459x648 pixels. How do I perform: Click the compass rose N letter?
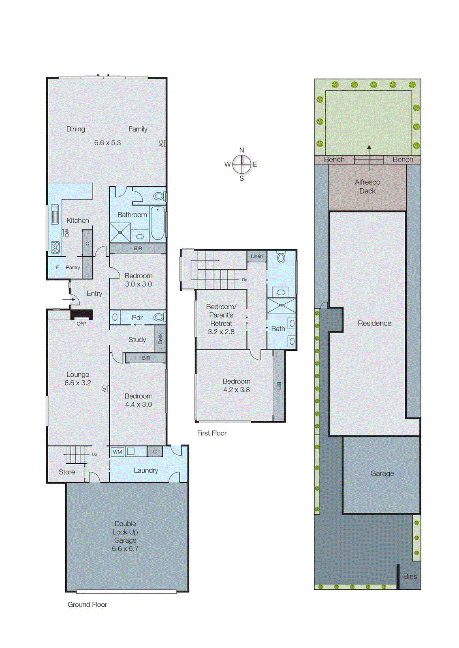pyautogui.click(x=241, y=150)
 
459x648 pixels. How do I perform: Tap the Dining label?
pyautogui.click(x=76, y=129)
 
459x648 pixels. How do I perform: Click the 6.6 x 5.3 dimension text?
pyautogui.click(x=107, y=143)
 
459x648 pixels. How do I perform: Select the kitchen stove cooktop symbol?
pyautogui.click(x=55, y=247)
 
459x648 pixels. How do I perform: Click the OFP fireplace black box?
pyautogui.click(x=82, y=315)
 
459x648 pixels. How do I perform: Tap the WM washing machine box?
pyautogui.click(x=117, y=452)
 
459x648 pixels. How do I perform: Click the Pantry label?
pyautogui.click(x=73, y=267)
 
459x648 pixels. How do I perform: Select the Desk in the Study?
pyautogui.click(x=160, y=339)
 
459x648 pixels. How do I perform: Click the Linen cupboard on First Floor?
pyautogui.click(x=256, y=256)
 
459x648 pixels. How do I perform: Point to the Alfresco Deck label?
pyautogui.click(x=367, y=187)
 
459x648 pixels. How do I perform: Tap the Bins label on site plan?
pyautogui.click(x=410, y=576)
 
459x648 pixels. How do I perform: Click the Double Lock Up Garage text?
pyautogui.click(x=125, y=532)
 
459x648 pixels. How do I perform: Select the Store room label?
pyautogui.click(x=66, y=472)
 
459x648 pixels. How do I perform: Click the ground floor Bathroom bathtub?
pyautogui.click(x=158, y=223)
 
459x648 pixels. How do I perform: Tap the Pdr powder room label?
pyautogui.click(x=137, y=318)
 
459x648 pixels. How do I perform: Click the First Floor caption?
pyautogui.click(x=211, y=433)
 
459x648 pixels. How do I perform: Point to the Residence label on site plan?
pyautogui.click(x=374, y=323)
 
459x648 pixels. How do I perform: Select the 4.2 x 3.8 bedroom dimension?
pyautogui.click(x=236, y=390)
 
